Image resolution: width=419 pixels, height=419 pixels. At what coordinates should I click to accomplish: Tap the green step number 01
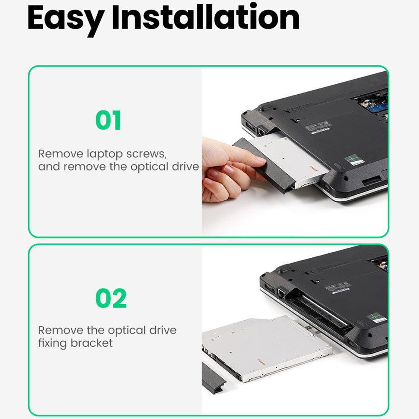click(108, 121)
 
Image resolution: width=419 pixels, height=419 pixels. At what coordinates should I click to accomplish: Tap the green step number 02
click(111, 298)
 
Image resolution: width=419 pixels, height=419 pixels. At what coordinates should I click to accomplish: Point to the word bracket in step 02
click(92, 343)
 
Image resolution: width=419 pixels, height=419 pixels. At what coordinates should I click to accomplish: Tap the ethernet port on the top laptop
click(260, 131)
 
